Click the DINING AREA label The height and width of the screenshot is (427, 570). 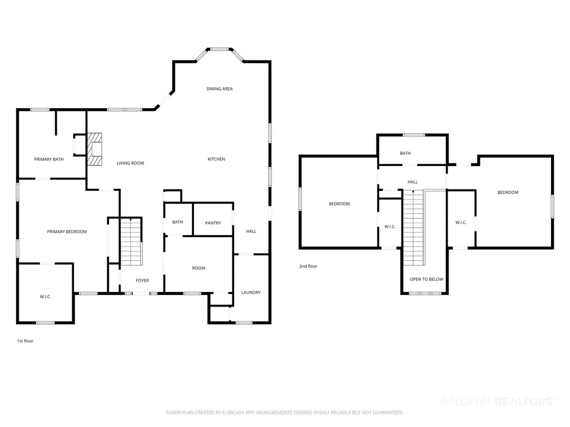pyautogui.click(x=220, y=89)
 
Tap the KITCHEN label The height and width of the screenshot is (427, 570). pyautogui.click(x=216, y=159)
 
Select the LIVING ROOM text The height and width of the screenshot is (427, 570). pyautogui.click(x=131, y=163)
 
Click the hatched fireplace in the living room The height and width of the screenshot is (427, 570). pyautogui.click(x=94, y=149)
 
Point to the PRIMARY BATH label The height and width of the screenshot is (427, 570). pyautogui.click(x=49, y=159)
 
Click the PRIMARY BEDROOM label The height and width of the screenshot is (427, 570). pyautogui.click(x=67, y=232)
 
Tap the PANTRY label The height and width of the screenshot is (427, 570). pyautogui.click(x=213, y=223)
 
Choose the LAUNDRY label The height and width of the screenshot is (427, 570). pyautogui.click(x=251, y=292)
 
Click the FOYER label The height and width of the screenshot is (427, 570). pyautogui.click(x=142, y=280)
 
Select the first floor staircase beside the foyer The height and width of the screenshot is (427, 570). pyautogui.click(x=131, y=242)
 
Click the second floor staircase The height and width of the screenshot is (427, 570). pyautogui.click(x=414, y=228)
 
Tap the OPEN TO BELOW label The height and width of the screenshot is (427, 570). pyautogui.click(x=427, y=279)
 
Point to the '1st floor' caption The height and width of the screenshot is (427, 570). pyautogui.click(x=25, y=341)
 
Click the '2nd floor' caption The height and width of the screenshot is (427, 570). pyautogui.click(x=308, y=266)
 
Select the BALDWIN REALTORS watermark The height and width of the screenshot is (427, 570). pyautogui.click(x=498, y=401)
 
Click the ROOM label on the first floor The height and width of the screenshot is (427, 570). pyautogui.click(x=199, y=268)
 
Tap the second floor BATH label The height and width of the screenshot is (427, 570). pyautogui.click(x=405, y=153)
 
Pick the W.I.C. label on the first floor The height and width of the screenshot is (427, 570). pyautogui.click(x=46, y=297)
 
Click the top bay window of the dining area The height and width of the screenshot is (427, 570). pyautogui.click(x=220, y=49)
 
